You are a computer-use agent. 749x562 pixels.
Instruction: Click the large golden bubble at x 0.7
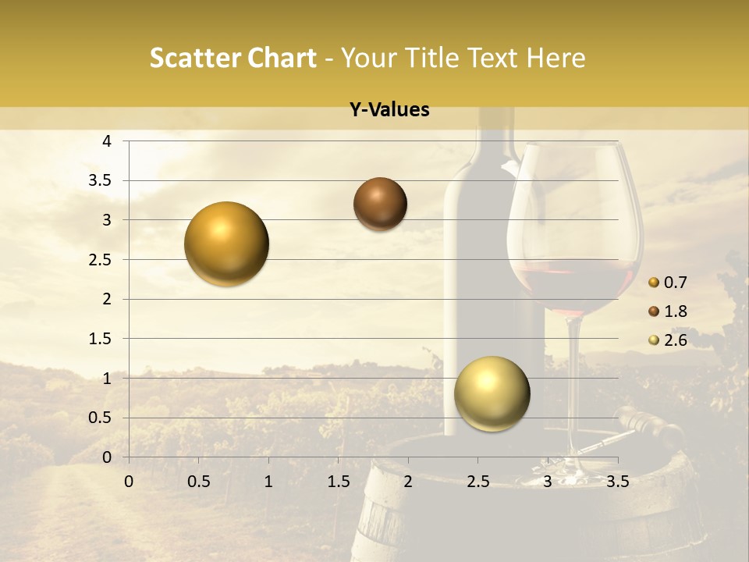[x=227, y=244]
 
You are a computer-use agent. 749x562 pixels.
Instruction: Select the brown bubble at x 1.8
[x=380, y=204]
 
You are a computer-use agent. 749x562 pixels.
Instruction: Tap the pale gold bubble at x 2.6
[x=492, y=393]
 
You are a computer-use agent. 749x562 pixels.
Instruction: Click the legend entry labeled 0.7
[x=674, y=283]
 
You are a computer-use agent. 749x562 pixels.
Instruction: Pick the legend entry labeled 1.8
[x=674, y=311]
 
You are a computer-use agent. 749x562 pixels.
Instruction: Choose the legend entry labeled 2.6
[x=674, y=340]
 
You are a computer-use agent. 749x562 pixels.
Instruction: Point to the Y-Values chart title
[x=389, y=110]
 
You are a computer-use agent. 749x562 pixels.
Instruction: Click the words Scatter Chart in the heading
[x=233, y=58]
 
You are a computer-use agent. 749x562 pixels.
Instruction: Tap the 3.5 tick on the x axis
[x=617, y=482]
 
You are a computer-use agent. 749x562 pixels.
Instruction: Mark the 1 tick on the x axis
[x=268, y=482]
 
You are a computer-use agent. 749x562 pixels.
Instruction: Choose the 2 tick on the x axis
[x=408, y=482]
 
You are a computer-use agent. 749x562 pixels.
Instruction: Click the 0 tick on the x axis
[x=129, y=482]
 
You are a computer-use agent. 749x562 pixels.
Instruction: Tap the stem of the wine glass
[x=575, y=375]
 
